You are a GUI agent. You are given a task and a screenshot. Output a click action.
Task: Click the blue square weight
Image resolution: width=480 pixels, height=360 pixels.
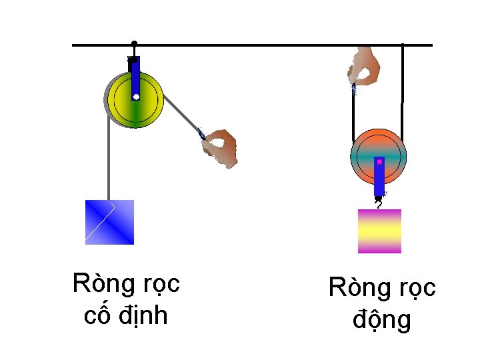coord(109,222)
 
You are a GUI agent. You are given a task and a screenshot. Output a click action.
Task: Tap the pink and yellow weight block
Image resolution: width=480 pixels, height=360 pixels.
coord(379,231)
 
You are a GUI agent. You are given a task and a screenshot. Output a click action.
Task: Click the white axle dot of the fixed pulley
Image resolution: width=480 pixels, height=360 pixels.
coord(135,97)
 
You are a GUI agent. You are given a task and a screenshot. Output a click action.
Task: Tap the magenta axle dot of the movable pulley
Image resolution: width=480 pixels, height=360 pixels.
coord(379,161)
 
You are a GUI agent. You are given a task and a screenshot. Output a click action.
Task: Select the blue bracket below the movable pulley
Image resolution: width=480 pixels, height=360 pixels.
coord(379,177)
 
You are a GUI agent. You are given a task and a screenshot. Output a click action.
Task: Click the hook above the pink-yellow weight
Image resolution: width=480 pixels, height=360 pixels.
coord(379,201)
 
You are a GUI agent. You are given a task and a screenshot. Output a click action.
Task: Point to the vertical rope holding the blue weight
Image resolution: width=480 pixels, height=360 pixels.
coord(107,160)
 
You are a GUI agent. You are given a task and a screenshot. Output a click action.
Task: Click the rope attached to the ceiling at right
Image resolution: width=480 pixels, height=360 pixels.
coord(402,73)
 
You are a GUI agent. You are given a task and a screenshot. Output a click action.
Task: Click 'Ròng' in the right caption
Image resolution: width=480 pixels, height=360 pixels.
coord(355,289)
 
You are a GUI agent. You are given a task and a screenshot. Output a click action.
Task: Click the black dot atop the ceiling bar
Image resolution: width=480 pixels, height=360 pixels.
coord(134,43)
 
